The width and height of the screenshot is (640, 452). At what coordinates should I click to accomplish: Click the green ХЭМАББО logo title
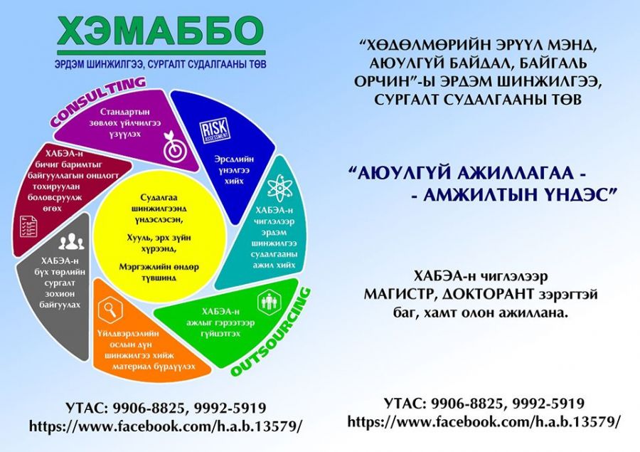coord(161,31)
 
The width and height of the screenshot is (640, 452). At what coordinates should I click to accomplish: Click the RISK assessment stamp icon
coord(215,132)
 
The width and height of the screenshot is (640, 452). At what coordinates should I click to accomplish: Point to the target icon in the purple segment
coord(175,147)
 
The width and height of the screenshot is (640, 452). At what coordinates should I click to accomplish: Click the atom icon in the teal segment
coord(280,188)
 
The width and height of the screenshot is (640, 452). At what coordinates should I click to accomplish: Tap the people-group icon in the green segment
coord(269,303)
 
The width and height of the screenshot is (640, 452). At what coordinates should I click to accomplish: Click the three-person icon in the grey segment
coord(71,241)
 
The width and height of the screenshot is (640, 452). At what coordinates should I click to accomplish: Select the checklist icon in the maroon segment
coord(28,226)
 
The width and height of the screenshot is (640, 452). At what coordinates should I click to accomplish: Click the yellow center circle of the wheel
coord(159,238)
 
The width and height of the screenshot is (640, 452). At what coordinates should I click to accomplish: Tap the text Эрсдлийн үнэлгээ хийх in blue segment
coord(234,169)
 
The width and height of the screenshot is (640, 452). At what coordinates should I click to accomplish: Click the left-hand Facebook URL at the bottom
coord(166,426)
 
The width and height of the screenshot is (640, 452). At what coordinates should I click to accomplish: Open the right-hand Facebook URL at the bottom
coord(484,421)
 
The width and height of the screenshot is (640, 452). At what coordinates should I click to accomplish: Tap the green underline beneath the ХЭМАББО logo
coord(161,53)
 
